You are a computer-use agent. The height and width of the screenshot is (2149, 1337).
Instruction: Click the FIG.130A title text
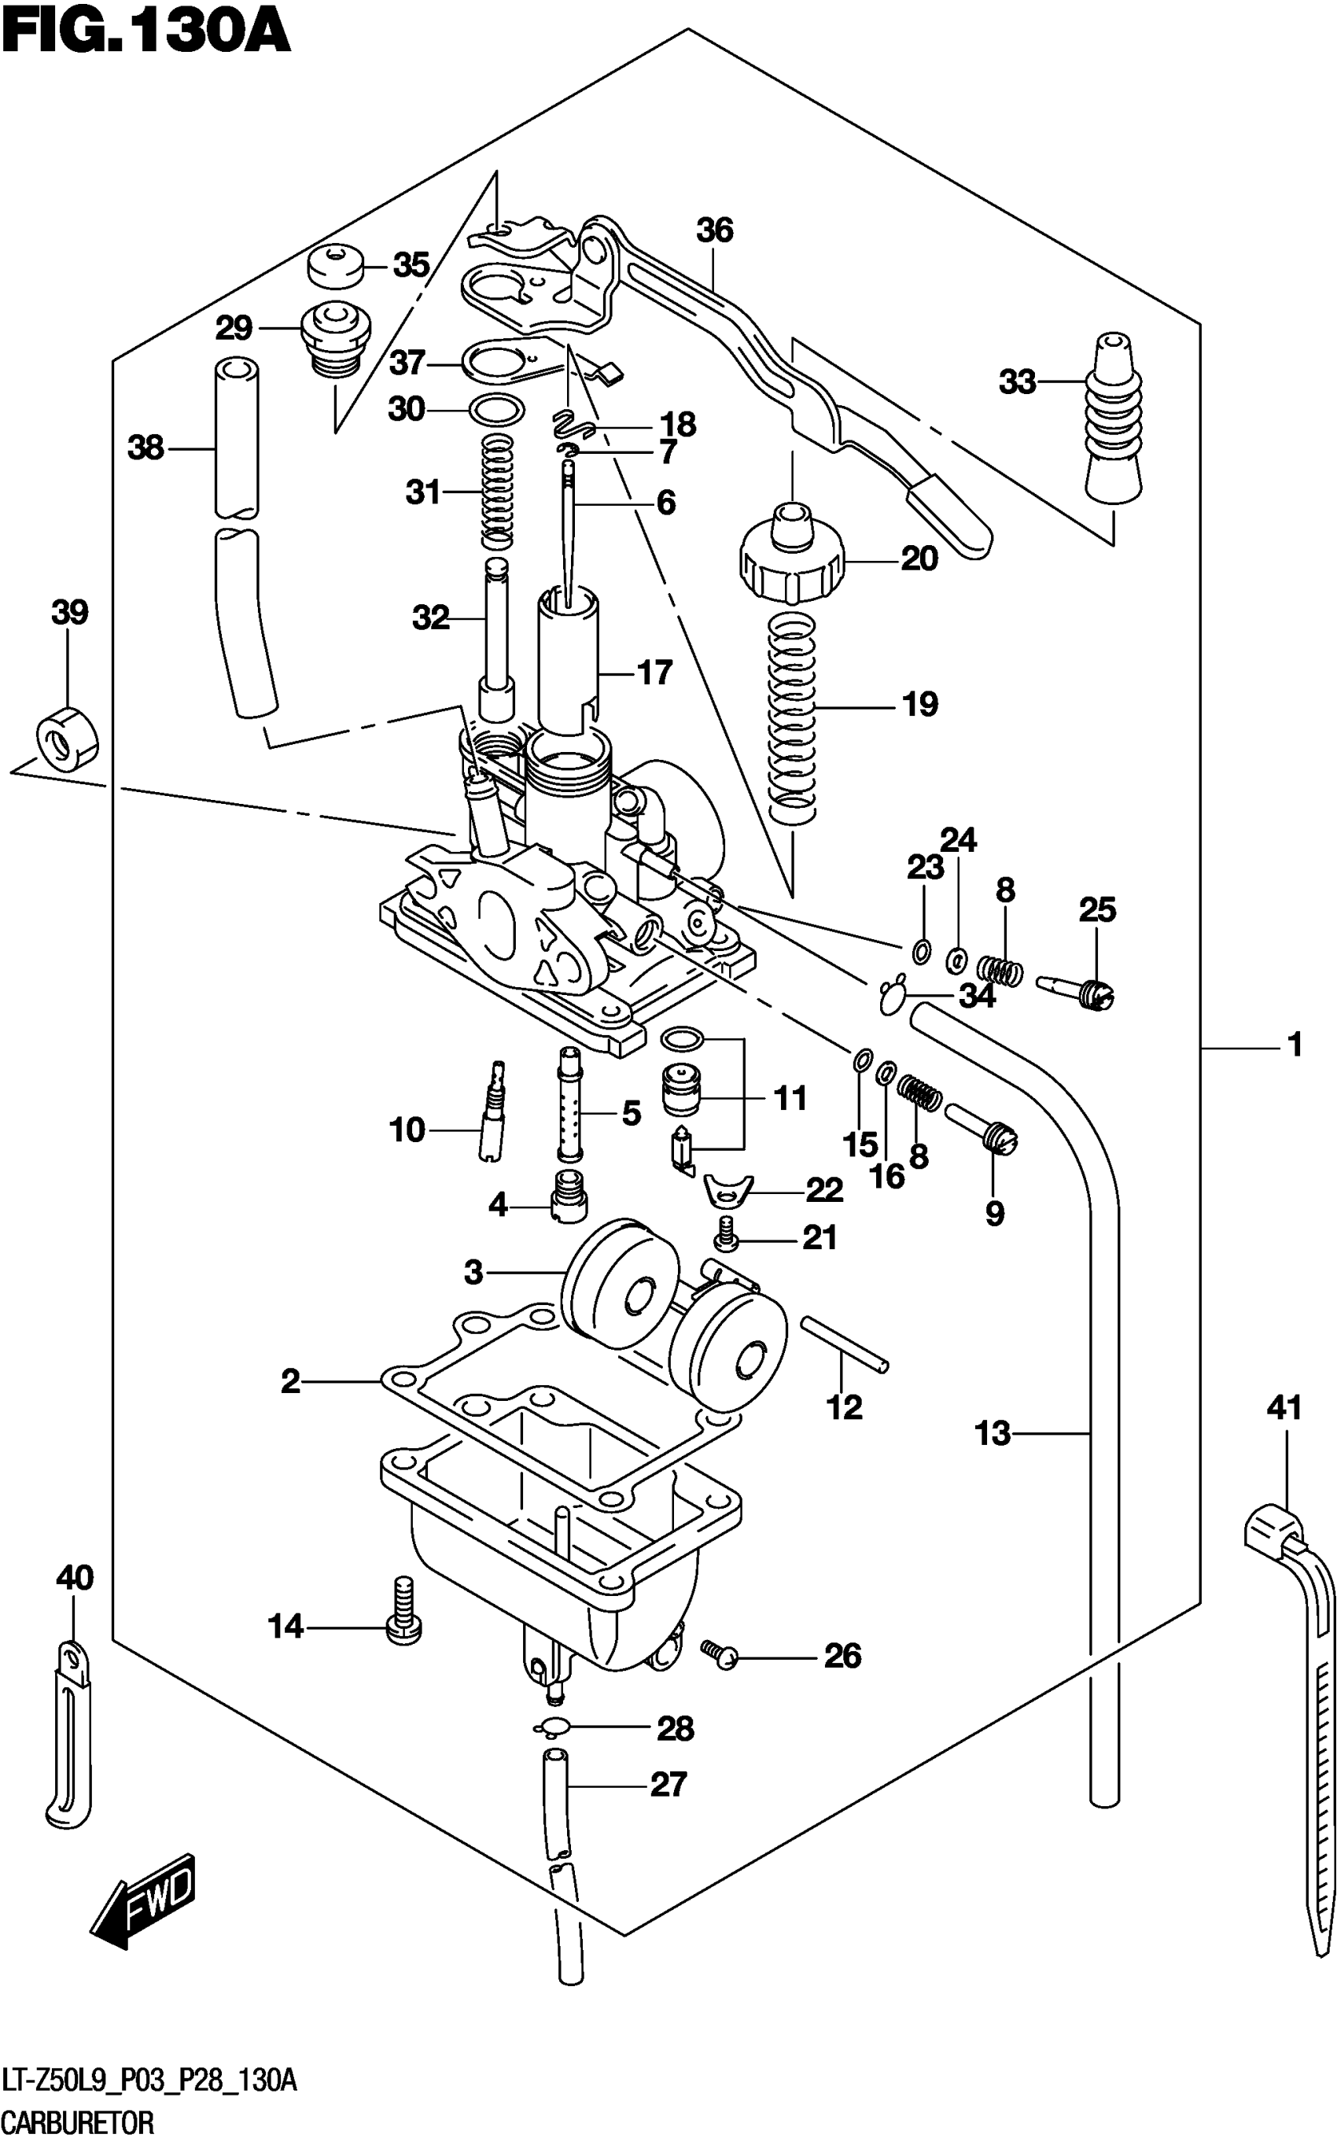[146, 33]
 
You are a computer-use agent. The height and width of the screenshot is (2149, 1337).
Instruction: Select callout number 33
[1017, 382]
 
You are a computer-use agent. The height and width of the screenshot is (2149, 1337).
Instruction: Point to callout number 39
[70, 612]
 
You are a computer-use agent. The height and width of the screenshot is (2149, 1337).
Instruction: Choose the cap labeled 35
[336, 264]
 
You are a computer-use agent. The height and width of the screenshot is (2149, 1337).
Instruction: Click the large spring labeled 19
[791, 717]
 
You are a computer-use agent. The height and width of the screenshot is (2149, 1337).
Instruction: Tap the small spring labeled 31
[498, 492]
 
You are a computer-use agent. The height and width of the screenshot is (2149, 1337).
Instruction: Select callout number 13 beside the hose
[993, 1432]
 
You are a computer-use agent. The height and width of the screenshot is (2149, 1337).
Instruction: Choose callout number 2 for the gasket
[291, 1380]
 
